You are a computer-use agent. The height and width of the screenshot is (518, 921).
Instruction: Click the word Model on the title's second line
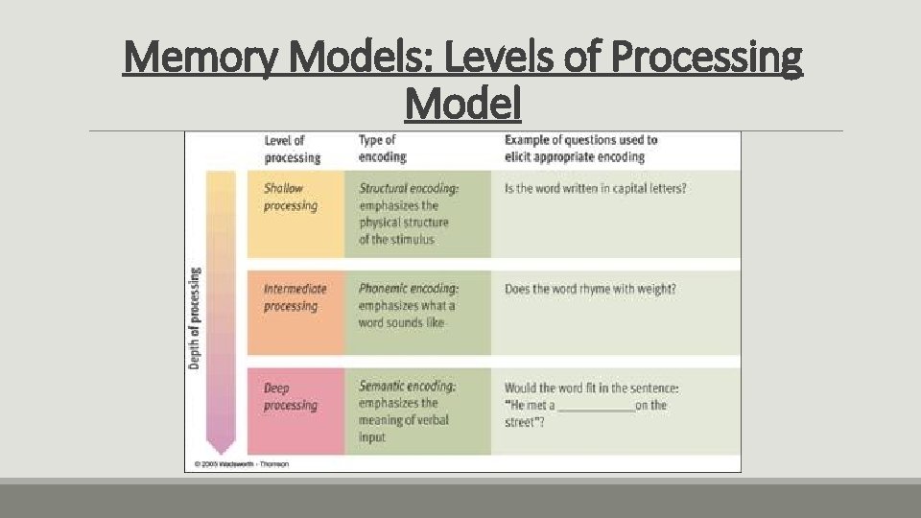[x=462, y=104]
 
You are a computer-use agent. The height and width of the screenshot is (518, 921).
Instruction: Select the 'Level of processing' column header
[x=292, y=149]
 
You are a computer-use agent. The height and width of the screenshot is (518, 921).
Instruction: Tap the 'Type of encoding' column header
[x=382, y=149]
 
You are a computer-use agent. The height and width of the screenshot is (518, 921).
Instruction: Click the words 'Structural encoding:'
[x=409, y=189]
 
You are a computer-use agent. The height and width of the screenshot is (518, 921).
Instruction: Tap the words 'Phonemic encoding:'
[x=409, y=289]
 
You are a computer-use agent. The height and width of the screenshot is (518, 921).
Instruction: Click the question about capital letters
[x=595, y=189]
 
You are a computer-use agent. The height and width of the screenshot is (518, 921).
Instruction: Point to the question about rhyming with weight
[x=590, y=289]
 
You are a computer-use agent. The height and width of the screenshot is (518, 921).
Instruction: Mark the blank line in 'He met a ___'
[x=596, y=407]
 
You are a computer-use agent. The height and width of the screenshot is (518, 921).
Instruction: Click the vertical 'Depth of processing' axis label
[x=195, y=317]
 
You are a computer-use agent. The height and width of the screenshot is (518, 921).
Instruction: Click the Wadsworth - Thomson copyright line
[x=241, y=464]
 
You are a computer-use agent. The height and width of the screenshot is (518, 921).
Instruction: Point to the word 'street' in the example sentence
[x=521, y=423]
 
